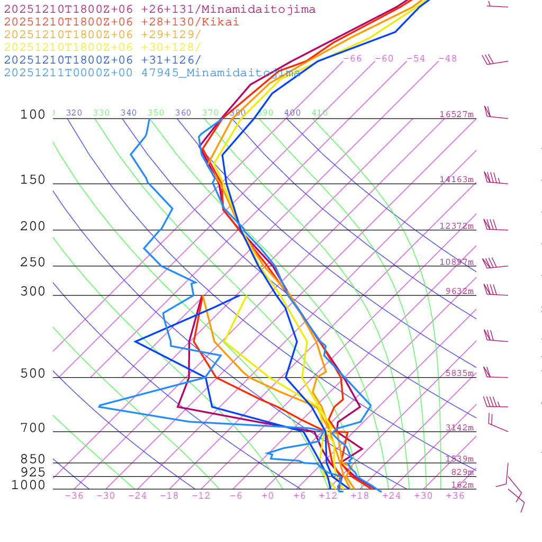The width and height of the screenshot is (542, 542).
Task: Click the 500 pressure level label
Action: pos(33,374)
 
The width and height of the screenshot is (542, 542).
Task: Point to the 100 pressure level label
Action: pos(33,114)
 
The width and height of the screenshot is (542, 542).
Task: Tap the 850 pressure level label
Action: pos(33,459)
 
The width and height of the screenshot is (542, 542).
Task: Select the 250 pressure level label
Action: pos(33,262)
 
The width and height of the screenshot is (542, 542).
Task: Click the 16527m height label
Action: pos(456,114)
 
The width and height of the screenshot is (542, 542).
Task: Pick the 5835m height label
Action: pos(459,373)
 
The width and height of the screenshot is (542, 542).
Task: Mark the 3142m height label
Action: pos(459,428)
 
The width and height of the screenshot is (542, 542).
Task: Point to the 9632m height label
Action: pos(459,291)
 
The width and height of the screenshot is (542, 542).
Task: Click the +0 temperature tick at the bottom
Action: pos(268,495)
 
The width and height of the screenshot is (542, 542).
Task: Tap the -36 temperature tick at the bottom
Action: pos(74,495)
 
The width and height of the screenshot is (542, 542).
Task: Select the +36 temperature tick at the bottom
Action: pos(455,495)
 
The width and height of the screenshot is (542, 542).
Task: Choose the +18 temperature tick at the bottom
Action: pos(360,495)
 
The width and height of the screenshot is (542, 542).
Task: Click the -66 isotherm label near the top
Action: pos(353,58)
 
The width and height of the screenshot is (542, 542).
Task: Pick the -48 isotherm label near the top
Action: pos(447,58)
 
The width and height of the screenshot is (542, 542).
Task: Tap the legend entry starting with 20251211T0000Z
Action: pos(152,73)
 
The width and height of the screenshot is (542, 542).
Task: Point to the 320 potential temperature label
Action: pos(74,113)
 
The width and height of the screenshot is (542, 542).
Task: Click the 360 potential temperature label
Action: pos(183,113)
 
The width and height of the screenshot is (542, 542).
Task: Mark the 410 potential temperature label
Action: pos(320,113)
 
